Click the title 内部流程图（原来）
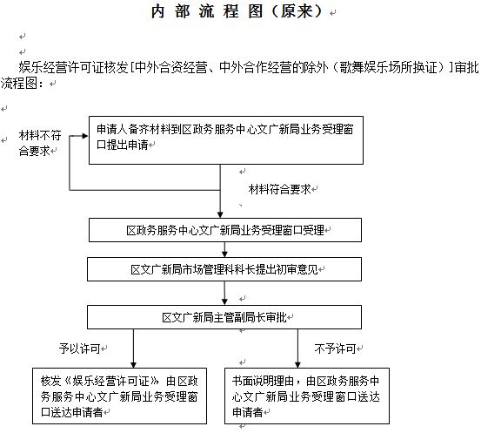point(237,11)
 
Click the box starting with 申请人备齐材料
point(226,140)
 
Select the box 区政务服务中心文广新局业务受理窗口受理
point(225,230)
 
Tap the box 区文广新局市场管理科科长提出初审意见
point(224,269)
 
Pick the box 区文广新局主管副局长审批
point(224,317)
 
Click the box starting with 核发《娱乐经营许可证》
point(120,396)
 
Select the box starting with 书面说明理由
point(307,396)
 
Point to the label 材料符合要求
point(280,189)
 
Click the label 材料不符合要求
point(40,143)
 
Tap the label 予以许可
point(80,349)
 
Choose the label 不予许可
point(335,349)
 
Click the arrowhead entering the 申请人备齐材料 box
point(85,136)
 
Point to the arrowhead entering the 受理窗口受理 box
point(220,214)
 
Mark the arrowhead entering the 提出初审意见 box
point(224,254)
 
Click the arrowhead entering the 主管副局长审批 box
point(224,301)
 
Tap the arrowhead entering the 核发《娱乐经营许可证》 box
point(133,364)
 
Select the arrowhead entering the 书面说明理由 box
point(297,364)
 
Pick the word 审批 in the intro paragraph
point(466,68)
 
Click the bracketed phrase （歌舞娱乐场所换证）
point(387,68)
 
